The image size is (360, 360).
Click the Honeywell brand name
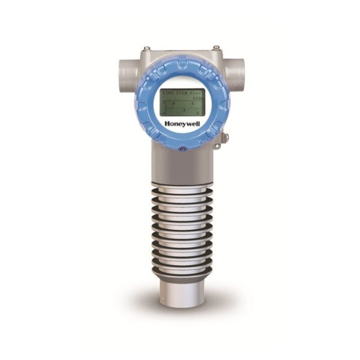[181, 125]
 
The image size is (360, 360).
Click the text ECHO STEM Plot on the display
[179, 94]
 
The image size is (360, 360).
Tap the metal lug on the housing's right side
[225, 138]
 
